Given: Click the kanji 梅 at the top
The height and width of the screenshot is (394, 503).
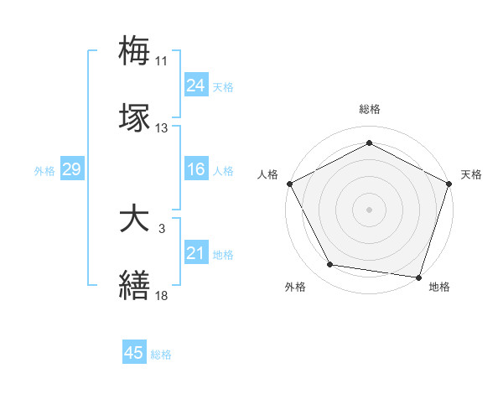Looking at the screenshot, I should (135, 51).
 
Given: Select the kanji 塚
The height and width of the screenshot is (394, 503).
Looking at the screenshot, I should (135, 118).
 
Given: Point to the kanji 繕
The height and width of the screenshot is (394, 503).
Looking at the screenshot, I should (135, 285).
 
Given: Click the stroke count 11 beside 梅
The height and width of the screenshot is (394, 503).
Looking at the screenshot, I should (161, 61).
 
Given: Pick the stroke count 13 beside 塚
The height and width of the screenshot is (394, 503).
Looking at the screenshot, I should (161, 128).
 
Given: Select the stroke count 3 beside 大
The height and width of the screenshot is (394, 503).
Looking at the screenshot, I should (161, 229).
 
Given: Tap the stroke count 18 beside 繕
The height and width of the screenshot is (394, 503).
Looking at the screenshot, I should (161, 295).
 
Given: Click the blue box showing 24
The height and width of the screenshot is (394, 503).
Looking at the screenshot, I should (195, 86).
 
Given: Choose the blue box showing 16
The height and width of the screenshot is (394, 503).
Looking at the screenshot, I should (195, 170).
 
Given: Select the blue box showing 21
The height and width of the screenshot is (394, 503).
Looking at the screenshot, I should (195, 253).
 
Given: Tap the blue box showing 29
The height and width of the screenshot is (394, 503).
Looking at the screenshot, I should (71, 170).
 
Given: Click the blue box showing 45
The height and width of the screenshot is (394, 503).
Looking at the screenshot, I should (134, 354).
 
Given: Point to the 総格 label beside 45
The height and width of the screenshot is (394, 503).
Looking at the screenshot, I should (161, 355).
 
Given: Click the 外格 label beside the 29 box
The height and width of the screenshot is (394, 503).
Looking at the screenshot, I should (44, 171).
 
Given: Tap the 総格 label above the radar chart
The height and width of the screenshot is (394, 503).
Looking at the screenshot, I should (369, 109).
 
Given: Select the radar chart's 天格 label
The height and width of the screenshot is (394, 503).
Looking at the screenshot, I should (471, 174).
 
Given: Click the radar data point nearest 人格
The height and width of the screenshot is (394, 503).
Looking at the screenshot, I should (289, 183).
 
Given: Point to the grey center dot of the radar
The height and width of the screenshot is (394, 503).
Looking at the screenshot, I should (369, 209).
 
